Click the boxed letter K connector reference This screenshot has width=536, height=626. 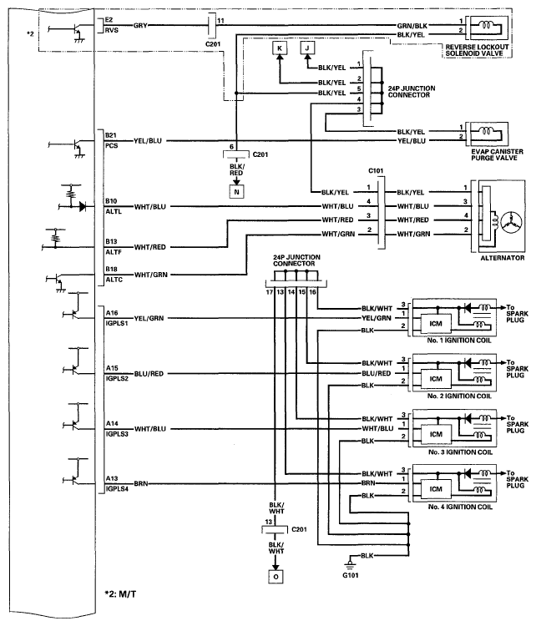point(280,48)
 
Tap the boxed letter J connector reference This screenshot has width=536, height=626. point(307,48)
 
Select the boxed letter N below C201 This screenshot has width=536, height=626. point(236,192)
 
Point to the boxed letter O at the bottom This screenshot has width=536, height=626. point(276,577)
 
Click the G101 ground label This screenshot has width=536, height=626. point(350,575)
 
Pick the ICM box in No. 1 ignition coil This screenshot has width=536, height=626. point(436,324)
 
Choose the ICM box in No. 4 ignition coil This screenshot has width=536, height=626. point(436,489)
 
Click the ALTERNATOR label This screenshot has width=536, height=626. point(502,258)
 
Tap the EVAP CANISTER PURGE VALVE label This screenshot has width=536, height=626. point(497,154)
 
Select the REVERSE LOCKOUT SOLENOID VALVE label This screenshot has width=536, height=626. point(477,50)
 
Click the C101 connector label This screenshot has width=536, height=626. point(376,171)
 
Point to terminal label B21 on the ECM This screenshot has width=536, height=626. point(111,135)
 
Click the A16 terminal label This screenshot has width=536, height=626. point(112,313)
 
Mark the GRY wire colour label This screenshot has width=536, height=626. point(140,26)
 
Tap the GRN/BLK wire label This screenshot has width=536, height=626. point(412,26)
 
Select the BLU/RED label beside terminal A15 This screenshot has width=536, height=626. point(149,374)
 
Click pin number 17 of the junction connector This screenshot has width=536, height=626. point(270,292)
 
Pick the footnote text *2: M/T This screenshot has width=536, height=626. point(120,594)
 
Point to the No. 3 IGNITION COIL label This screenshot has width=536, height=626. point(460,452)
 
